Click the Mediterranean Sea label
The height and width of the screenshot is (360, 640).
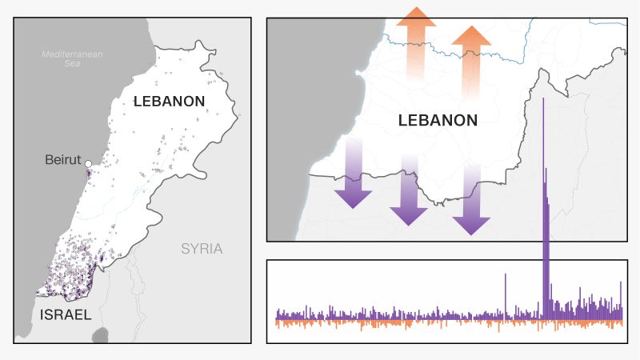73,58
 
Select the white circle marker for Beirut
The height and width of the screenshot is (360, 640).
88,165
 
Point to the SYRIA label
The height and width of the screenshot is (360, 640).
202,249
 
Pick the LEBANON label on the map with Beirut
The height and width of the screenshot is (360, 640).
170,102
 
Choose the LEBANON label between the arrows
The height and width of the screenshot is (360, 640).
438,120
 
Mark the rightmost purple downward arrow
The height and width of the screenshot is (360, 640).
471,200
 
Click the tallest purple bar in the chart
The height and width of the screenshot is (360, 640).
544,200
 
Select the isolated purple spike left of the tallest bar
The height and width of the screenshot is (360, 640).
506,296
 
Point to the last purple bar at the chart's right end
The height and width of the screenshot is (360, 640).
621,301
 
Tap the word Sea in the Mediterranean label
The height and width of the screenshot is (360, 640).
73,63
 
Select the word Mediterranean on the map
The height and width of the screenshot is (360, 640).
73,54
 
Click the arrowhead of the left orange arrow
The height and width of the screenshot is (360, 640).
415,18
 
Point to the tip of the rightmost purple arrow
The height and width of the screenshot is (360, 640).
471,233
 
